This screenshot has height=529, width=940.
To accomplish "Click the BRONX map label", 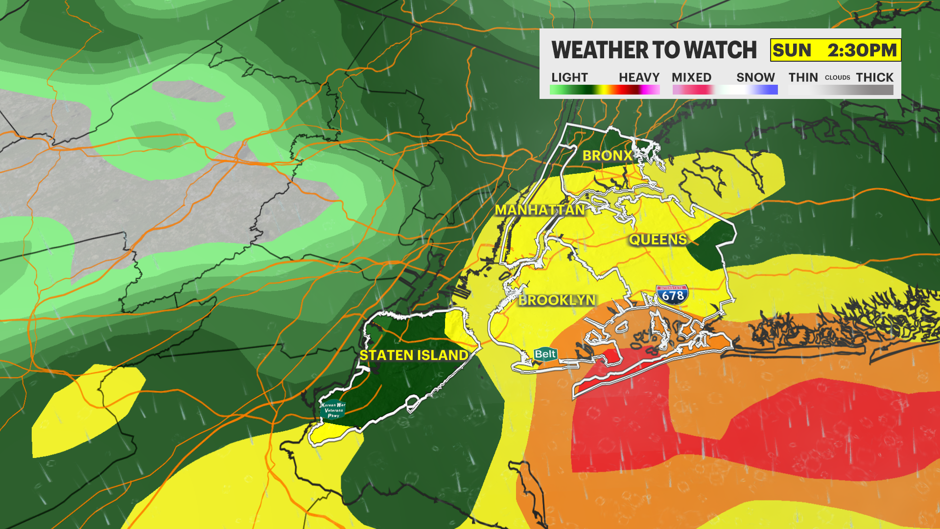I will [607, 156].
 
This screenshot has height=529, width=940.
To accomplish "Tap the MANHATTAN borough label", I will [540, 210].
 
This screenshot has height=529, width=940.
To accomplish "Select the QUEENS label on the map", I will [658, 240].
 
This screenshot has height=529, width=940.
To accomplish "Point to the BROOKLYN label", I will [557, 300].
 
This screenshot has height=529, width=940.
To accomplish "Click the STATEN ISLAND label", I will [414, 355].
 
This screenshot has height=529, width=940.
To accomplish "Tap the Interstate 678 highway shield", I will [672, 295].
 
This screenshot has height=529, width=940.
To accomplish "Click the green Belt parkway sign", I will [545, 354].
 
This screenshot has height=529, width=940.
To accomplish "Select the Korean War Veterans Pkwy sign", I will [333, 410].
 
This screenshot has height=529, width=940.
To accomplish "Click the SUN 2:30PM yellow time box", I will [835, 50].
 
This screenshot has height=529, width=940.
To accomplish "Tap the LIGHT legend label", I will [569, 77].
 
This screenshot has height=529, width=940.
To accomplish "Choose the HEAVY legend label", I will [639, 77].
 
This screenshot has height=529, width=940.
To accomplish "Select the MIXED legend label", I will [691, 77].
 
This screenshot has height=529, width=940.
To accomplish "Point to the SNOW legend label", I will [755, 77].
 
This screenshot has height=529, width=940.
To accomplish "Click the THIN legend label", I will [803, 77].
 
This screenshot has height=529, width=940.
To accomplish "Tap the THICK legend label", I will [874, 77].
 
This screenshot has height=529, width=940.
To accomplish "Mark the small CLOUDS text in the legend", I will [837, 78].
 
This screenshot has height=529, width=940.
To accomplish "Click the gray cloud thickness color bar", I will [841, 90].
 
